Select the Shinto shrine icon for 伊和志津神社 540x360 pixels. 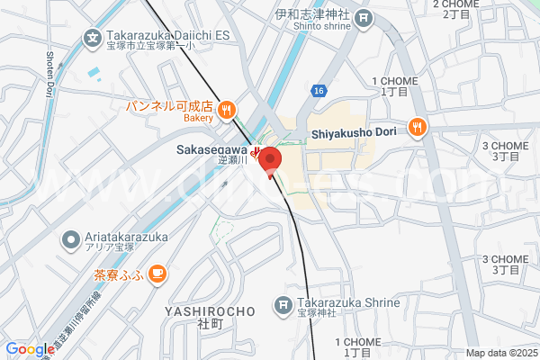pos(363,17)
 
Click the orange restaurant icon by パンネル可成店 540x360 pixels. pos(226,109)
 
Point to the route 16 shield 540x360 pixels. pos(319,91)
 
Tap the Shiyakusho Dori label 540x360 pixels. pos(354,133)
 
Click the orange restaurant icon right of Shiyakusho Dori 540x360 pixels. pos(416,127)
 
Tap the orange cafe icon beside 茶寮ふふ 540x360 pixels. pos(157,273)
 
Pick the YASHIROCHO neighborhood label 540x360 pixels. pos(211,310)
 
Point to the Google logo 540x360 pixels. pos(29,349)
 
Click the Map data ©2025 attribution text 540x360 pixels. pos(500,353)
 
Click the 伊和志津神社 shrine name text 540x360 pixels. pos(312,13)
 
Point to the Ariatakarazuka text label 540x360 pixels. pos(127,236)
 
